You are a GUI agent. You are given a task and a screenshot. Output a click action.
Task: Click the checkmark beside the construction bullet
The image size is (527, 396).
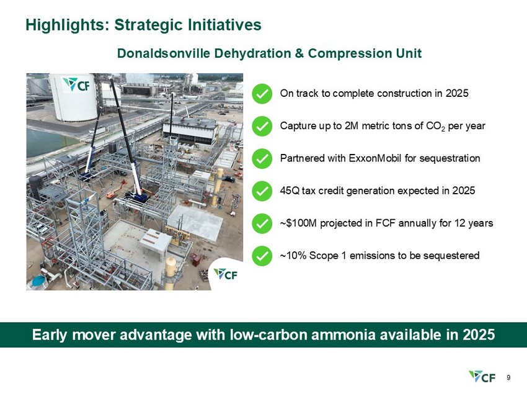[x=262, y=94]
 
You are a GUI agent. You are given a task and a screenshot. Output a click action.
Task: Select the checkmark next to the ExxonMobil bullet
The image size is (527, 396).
[x=262, y=158]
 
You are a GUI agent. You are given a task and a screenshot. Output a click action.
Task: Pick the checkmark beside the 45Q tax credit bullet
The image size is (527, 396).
[x=262, y=191]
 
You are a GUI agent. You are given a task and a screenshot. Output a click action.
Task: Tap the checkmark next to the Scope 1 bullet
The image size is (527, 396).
[x=262, y=256]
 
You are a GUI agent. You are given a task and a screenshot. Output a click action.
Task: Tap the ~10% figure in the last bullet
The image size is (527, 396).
[x=293, y=256]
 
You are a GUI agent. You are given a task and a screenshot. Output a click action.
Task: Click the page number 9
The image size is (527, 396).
[x=508, y=377]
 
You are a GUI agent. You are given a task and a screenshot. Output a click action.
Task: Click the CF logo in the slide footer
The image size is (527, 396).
[x=482, y=377]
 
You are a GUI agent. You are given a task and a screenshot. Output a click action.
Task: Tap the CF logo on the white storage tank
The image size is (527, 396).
[x=76, y=84]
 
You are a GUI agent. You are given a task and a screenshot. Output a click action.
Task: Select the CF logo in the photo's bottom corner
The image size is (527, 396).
[x=226, y=274]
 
